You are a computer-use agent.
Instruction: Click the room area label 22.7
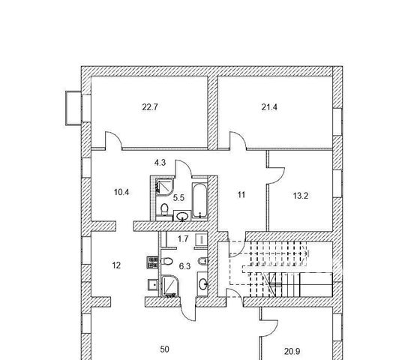[150, 107]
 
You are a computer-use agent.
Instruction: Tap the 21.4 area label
[269, 107]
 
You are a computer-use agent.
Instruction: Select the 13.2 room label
[301, 196]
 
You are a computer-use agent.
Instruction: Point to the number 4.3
[160, 163]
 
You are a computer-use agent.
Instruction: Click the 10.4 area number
[121, 192]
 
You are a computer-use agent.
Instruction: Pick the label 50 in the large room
[164, 349]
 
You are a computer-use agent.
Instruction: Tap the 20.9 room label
[292, 352]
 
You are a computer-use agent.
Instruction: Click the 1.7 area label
[183, 238]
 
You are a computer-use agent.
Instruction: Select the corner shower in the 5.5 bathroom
[165, 187]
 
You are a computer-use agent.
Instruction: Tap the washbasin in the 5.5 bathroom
[182, 216]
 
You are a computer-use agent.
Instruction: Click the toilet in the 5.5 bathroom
[164, 209]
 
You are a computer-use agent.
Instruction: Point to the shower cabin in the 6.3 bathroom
[171, 286]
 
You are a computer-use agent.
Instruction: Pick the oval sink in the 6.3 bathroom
[203, 284]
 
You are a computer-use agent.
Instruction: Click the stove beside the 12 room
[152, 262]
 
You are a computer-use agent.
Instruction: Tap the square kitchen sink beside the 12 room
[153, 285]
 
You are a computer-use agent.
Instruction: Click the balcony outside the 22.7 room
[73, 108]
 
